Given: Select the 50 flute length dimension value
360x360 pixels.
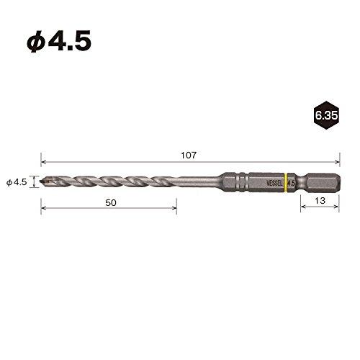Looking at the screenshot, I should click(110, 203).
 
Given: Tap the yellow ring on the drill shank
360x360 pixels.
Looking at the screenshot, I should click(287, 183).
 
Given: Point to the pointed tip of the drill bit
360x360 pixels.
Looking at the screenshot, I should click(43, 182).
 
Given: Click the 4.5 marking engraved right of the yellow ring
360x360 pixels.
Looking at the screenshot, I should click(292, 183).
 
